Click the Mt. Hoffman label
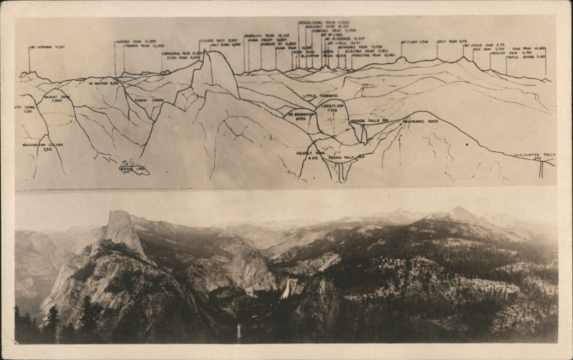tap(48, 48)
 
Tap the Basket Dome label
tap(55, 98)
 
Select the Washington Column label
tap(42, 147)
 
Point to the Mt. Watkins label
tap(103, 83)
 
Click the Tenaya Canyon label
tap(149, 100)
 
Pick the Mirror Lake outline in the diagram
tap(134, 167)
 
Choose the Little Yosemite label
tap(319, 95)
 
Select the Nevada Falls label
tap(369, 121)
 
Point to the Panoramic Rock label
tap(421, 121)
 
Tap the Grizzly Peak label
tap(308, 155)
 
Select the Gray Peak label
tap(452, 42)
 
